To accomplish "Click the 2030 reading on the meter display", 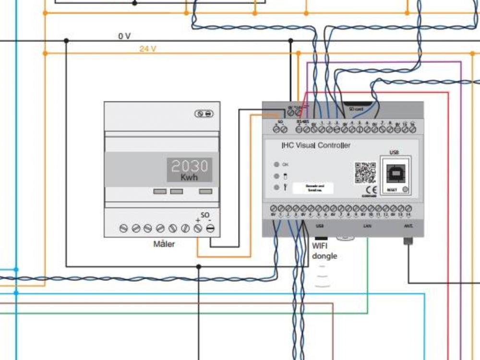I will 190,166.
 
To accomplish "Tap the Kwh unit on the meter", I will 189,178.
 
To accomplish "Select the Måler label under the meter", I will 164,244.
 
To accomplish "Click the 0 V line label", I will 124,36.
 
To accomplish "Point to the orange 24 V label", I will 148,48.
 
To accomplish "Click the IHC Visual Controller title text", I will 316,145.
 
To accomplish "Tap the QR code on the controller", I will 365,173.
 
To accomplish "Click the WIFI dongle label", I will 324,252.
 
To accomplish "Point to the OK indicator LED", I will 276,164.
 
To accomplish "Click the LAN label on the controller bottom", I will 367,225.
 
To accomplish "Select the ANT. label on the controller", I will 408,225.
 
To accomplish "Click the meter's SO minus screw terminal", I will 210,228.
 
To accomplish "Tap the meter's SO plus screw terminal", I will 197,228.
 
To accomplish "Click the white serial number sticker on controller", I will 313,188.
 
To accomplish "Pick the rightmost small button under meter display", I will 205,191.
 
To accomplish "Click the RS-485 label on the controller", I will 302,121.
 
